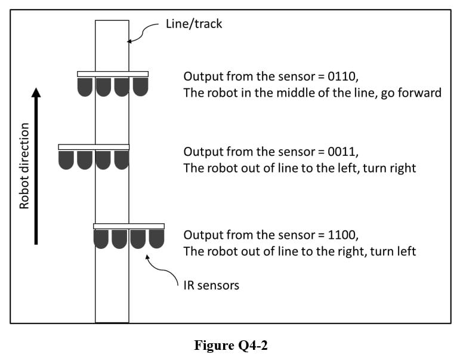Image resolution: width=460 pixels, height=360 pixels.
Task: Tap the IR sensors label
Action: point(211,285)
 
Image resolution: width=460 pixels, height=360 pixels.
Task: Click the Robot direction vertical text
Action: point(24,166)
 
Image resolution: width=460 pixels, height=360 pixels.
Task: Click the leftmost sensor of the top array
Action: point(85,87)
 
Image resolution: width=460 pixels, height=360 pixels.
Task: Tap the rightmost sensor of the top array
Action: point(140,87)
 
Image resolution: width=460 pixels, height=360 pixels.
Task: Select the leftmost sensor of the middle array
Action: point(66,159)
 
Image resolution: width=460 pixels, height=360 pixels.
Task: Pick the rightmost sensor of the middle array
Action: point(121,159)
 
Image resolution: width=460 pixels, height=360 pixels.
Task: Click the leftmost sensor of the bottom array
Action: point(101,239)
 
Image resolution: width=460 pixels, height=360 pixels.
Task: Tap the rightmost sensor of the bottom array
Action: point(156,239)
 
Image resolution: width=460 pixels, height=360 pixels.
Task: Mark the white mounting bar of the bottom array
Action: point(129,226)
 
